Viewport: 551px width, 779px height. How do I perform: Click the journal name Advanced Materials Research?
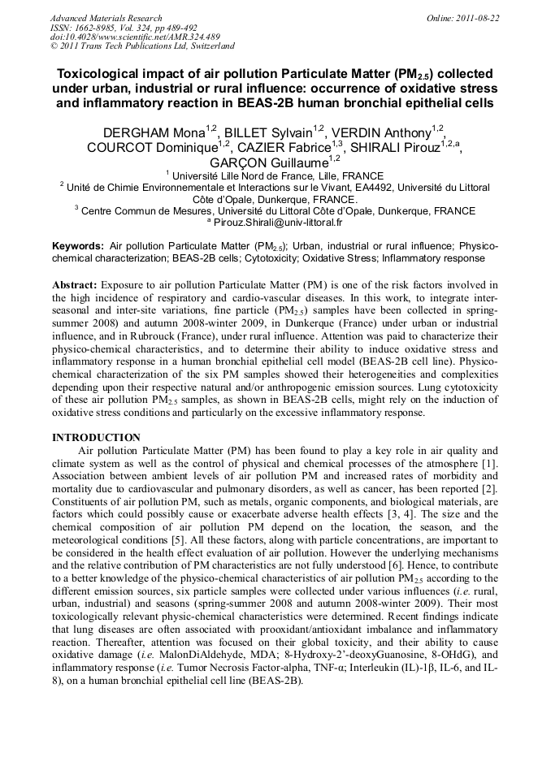coord(106,18)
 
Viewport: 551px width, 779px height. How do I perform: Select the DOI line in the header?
coord(135,37)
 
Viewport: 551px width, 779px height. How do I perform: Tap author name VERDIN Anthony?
coord(380,132)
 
